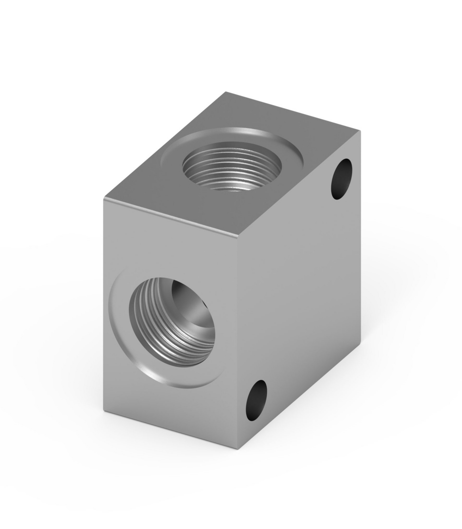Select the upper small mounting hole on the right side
click(341, 179)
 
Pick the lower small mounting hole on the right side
click(256, 400)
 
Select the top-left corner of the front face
click(104, 199)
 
